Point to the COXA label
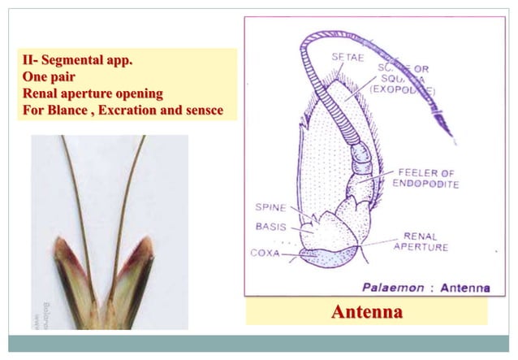[x=266, y=253]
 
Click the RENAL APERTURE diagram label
[x=420, y=241]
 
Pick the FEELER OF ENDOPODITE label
[x=426, y=179]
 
